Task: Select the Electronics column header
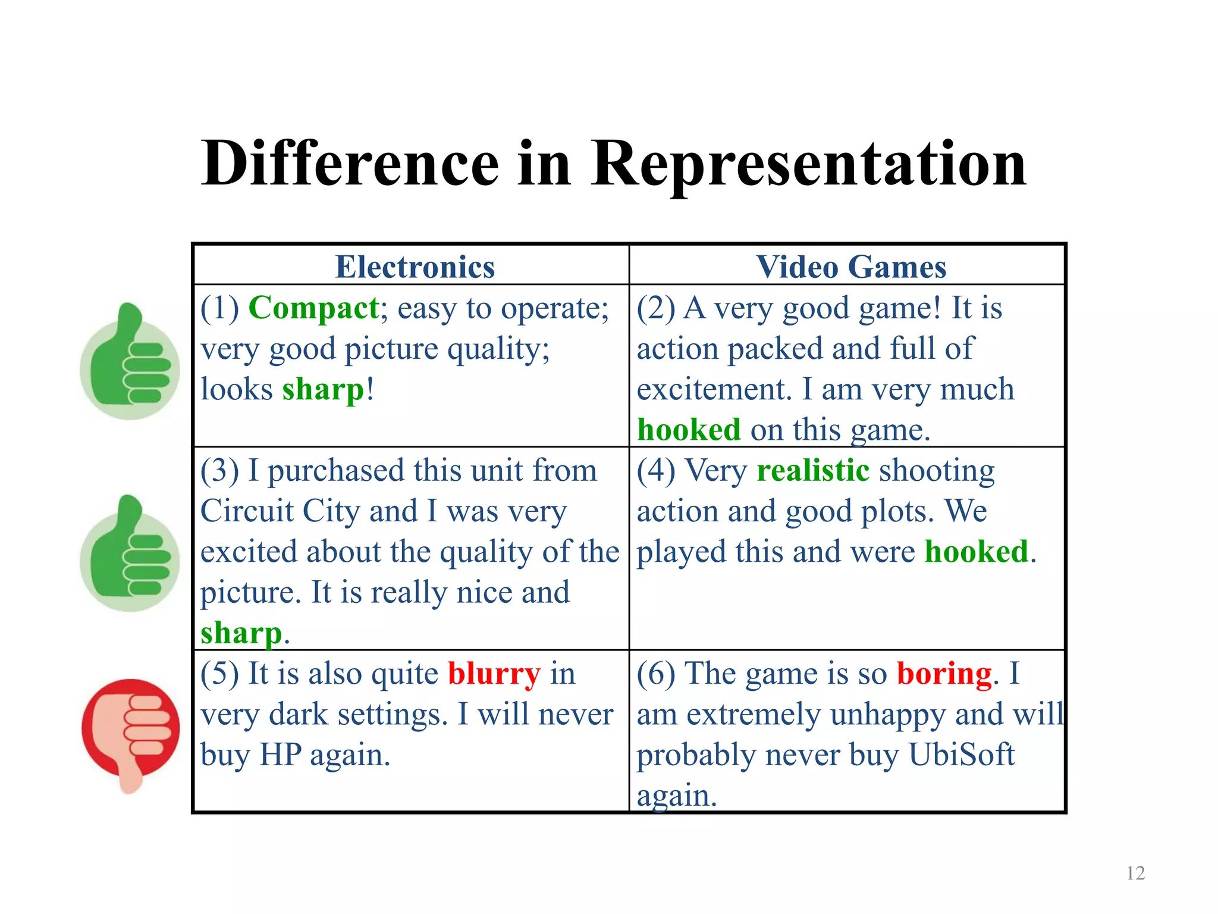[415, 267]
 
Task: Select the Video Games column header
[851, 267]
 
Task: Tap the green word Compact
[313, 308]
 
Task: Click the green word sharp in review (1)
[323, 390]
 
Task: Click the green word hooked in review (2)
[689, 430]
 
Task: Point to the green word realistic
[813, 470]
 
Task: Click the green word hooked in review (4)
[976, 552]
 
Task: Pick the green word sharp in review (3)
[241, 633]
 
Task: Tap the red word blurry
[494, 674]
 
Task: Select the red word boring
[944, 674]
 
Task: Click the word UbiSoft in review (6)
[961, 755]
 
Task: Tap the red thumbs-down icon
[130, 733]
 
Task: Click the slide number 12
[1135, 873]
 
